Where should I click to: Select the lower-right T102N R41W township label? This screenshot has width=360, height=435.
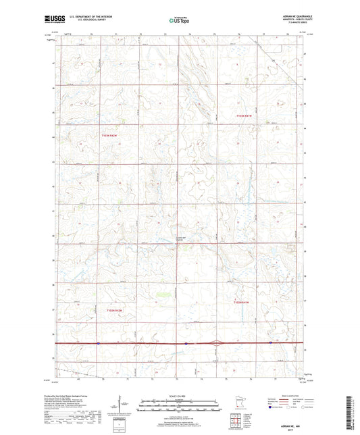click(241, 303)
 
